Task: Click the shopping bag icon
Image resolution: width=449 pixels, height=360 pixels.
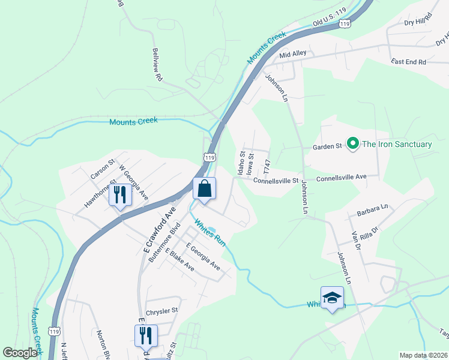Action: tap(204, 188)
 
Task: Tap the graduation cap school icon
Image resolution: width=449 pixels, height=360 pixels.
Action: tap(332, 298)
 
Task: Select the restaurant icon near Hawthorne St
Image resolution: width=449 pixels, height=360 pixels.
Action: tap(120, 194)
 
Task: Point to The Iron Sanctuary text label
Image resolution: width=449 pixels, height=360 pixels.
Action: tap(397, 144)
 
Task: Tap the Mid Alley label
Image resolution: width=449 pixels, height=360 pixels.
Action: tap(293, 54)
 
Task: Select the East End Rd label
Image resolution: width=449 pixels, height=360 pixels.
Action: tap(408, 62)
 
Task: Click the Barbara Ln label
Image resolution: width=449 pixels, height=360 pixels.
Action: tap(372, 210)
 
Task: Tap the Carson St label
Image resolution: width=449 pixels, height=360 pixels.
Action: tap(102, 169)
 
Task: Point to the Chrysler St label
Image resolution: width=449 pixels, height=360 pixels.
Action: tap(163, 310)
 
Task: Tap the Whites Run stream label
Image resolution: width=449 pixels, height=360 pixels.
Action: tap(209, 232)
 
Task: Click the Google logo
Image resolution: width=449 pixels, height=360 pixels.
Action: tap(20, 353)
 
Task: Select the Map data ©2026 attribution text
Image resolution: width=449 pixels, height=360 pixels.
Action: tap(423, 355)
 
